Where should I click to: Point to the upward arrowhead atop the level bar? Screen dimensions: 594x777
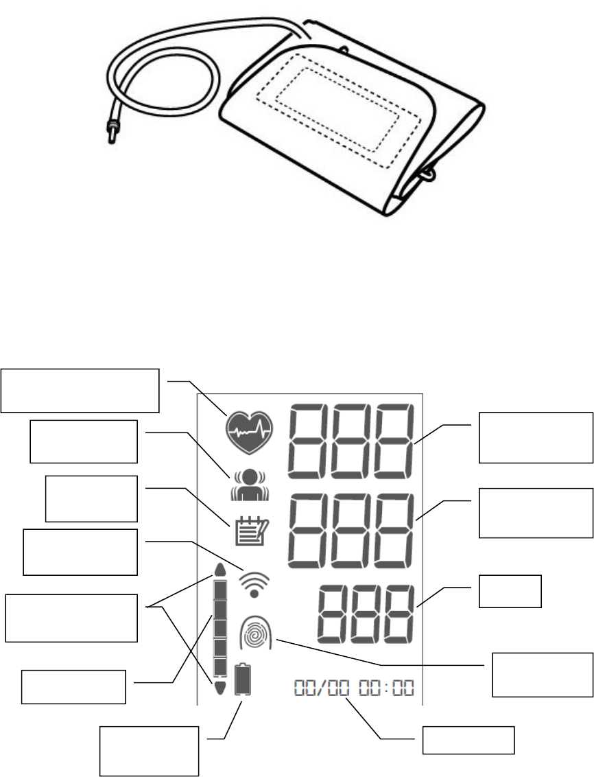[x=219, y=571]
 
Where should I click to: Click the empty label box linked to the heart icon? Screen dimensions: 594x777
[x=80, y=391]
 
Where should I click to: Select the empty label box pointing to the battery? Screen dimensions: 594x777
[x=149, y=750]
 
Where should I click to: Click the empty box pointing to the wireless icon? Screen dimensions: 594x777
[x=80, y=551]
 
